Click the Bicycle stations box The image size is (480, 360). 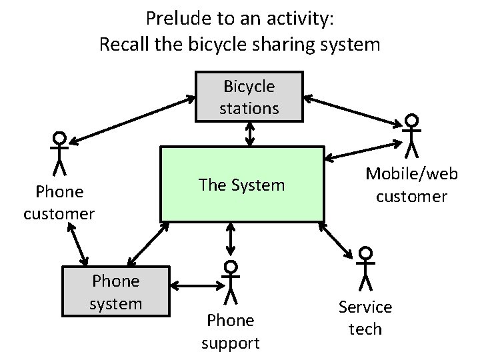click(249, 97)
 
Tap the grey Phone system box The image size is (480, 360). click(116, 292)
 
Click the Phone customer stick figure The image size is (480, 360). click(60, 153)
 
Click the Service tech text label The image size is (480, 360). click(365, 317)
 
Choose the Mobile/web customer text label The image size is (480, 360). click(411, 185)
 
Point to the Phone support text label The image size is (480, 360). click(231, 331)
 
